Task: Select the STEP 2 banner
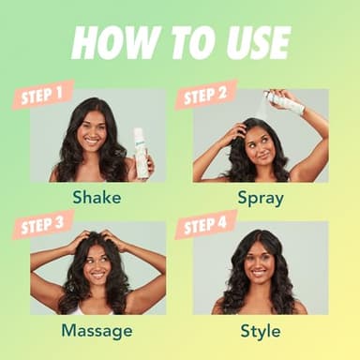(204, 94)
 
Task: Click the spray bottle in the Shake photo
(142, 152)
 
